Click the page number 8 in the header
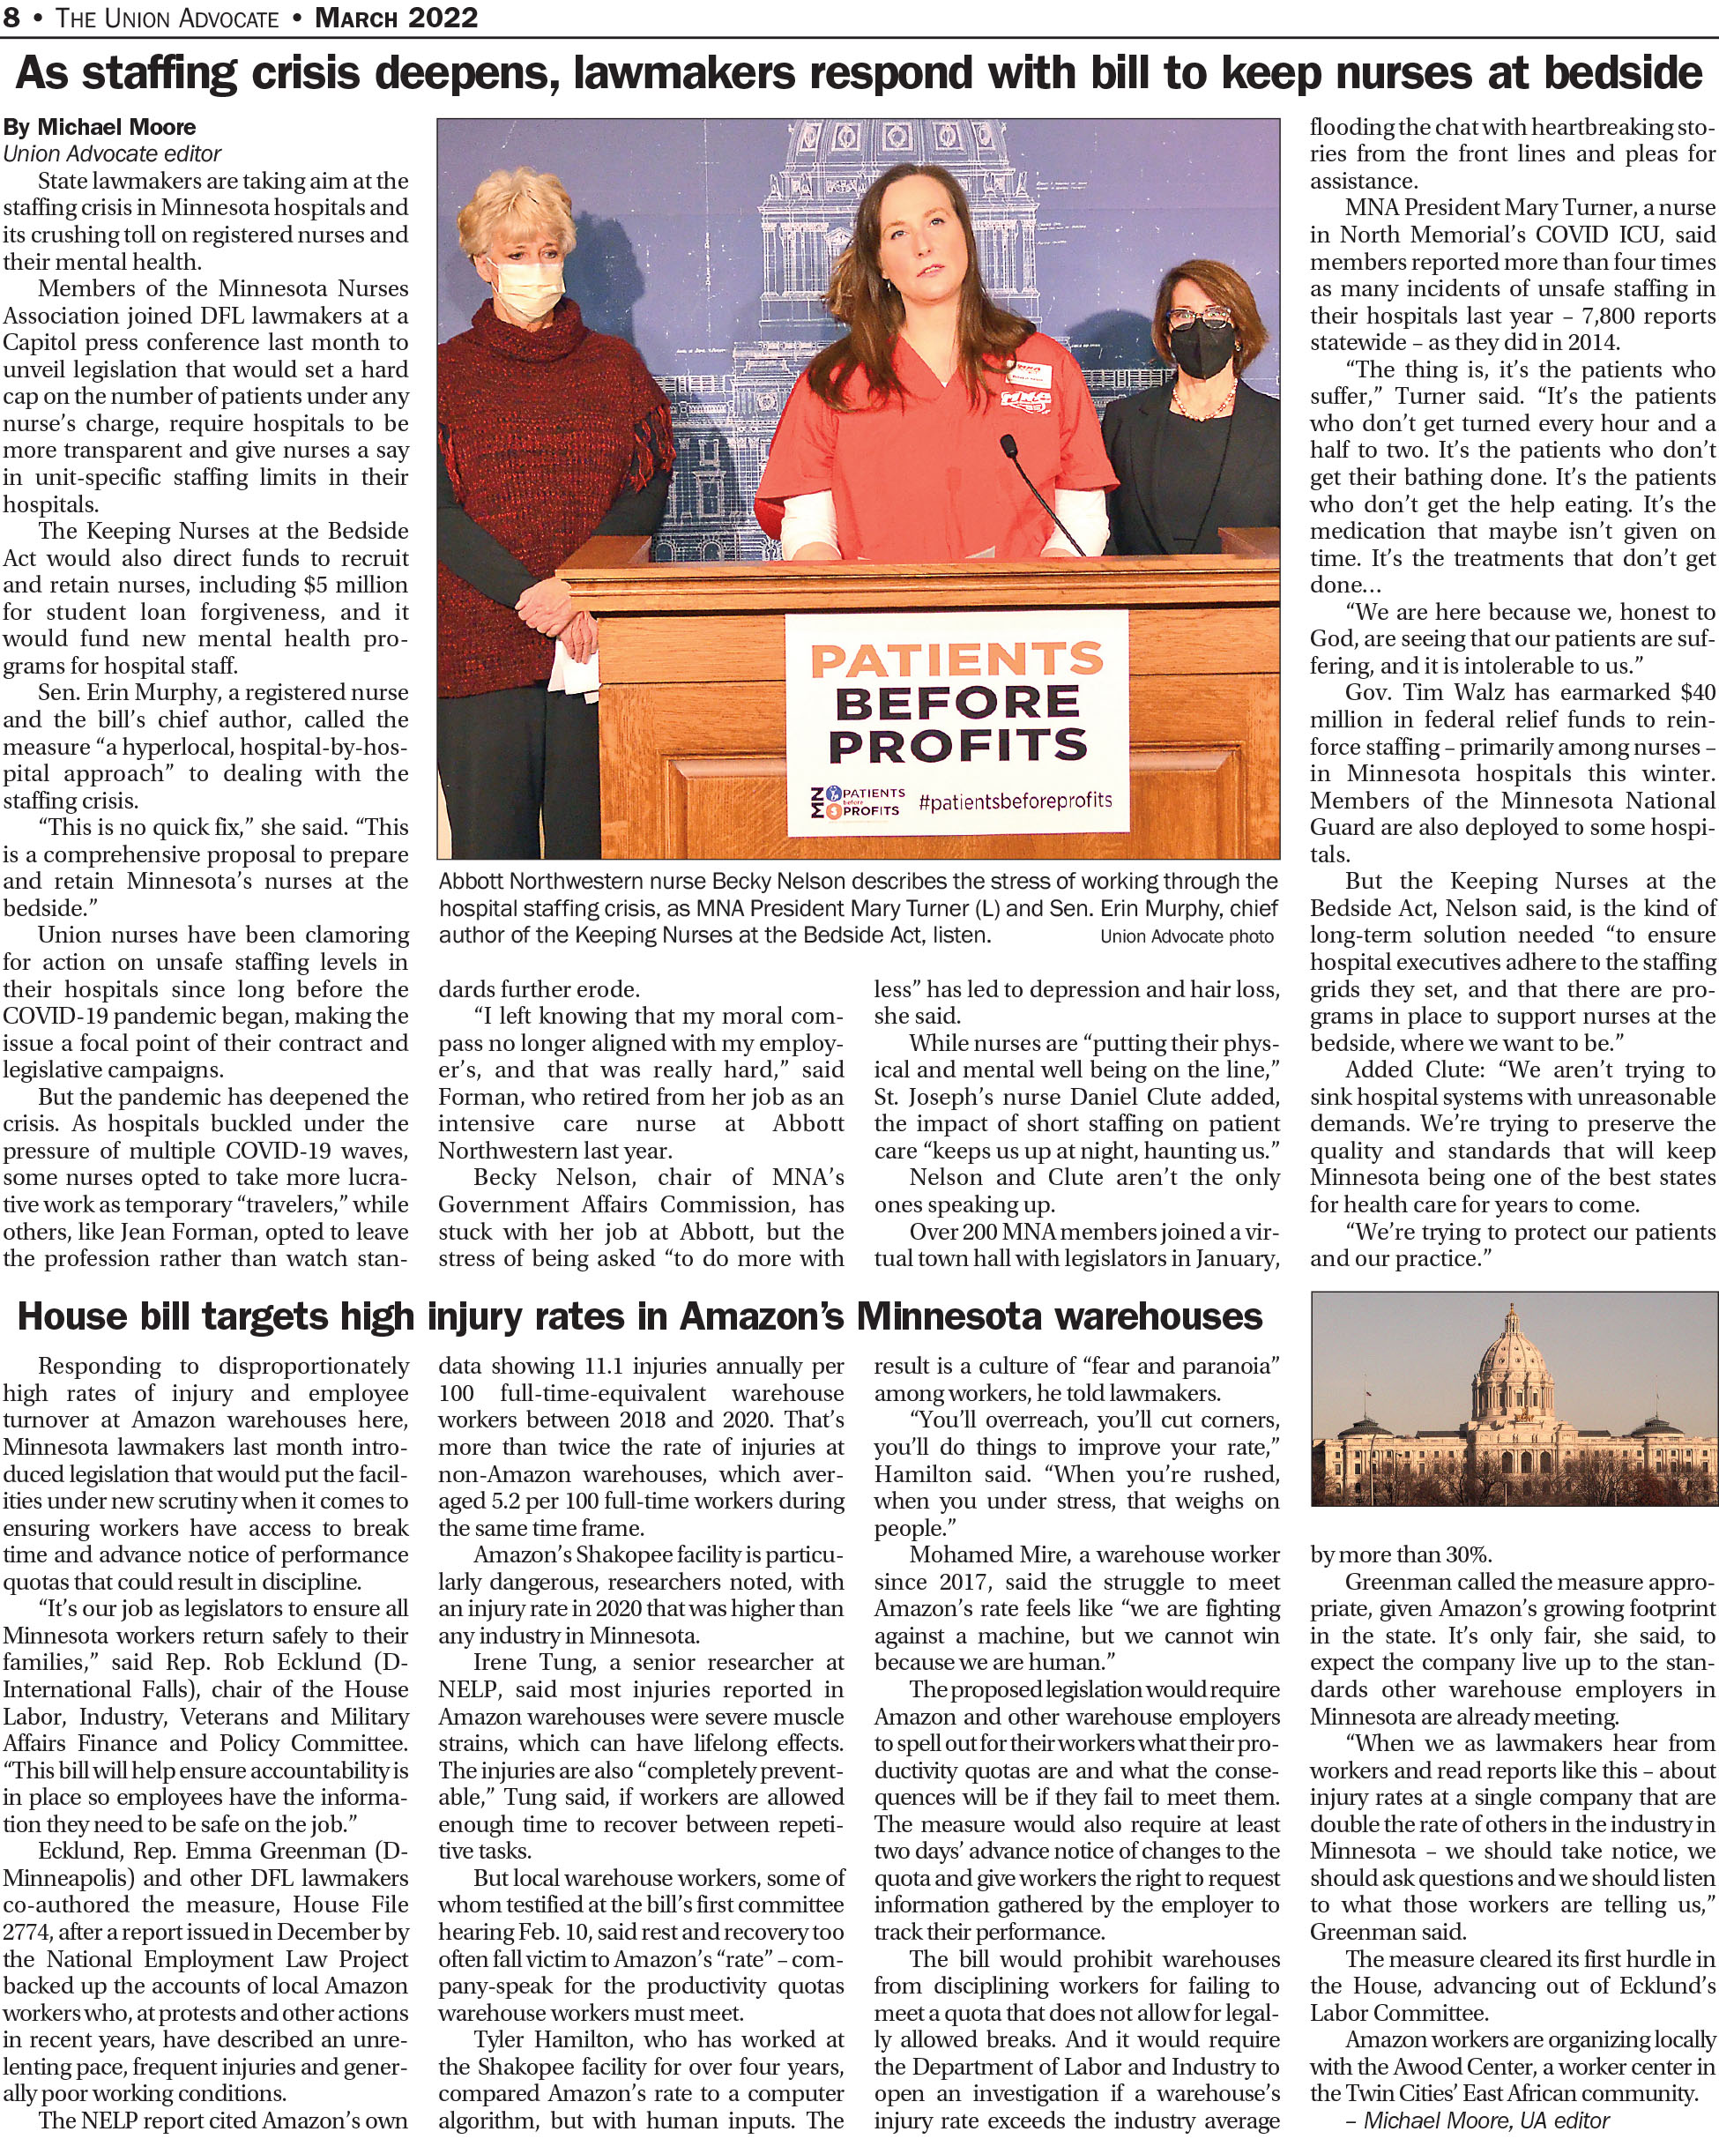point(12,17)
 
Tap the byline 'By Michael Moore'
point(100,127)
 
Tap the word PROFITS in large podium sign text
point(957,746)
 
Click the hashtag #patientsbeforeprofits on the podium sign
point(1015,801)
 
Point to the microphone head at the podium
point(1008,444)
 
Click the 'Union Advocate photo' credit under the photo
point(1187,936)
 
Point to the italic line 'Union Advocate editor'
point(112,153)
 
